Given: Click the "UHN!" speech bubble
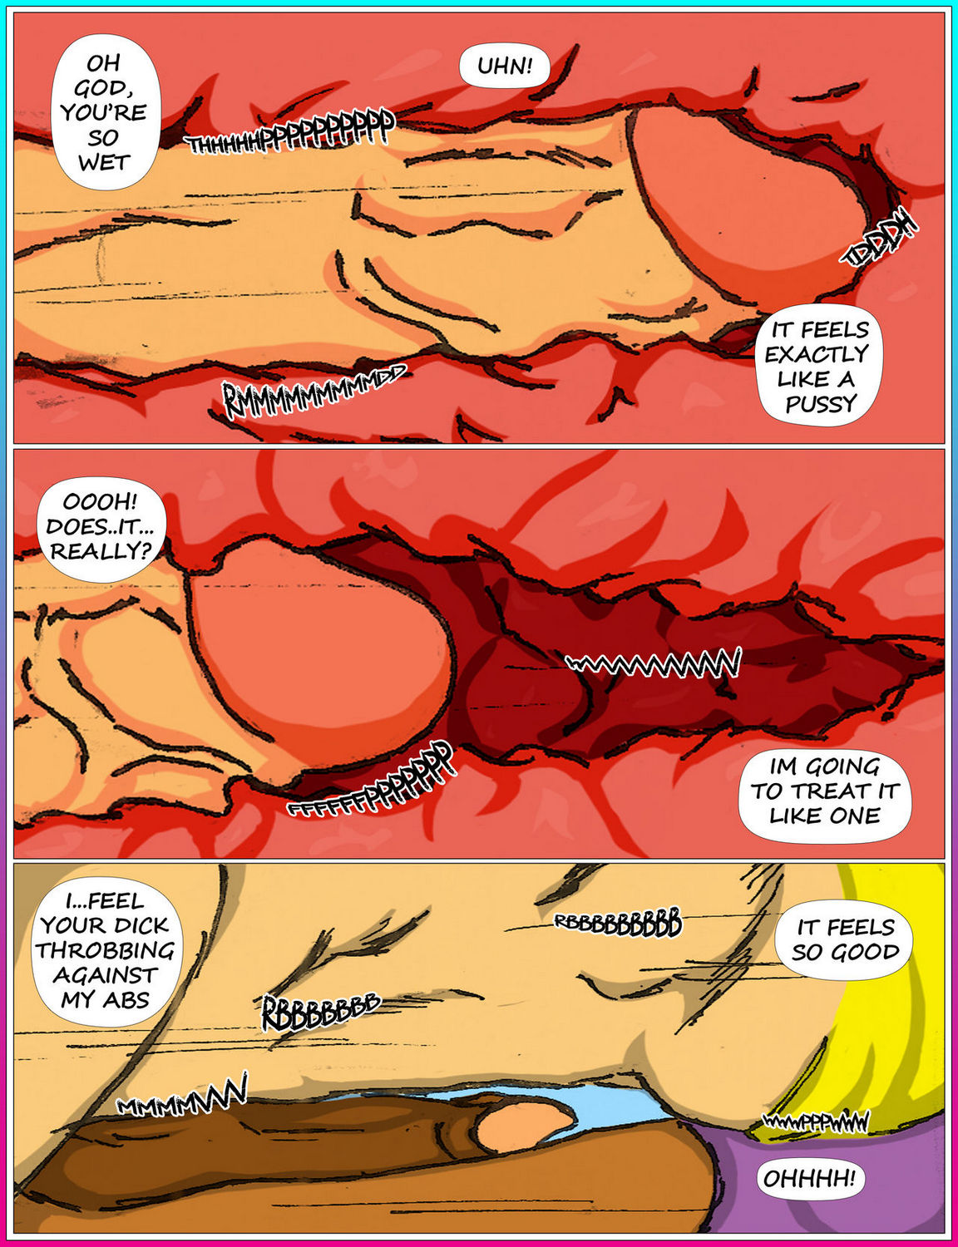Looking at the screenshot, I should tap(504, 66).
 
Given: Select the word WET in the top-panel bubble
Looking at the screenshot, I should tap(104, 162).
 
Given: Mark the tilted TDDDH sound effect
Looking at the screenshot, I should tap(881, 241).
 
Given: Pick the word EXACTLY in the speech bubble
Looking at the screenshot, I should tap(816, 355).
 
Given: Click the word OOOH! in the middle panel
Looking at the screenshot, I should tap(100, 502).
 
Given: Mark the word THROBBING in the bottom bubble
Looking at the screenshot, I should tap(105, 950).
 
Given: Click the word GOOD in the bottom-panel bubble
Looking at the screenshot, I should tap(870, 952).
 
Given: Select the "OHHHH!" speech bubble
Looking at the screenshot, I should tap(809, 1178).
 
